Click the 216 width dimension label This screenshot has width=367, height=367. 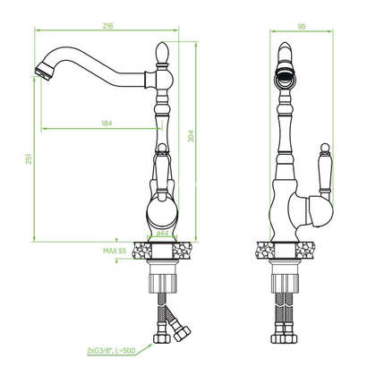tap(108, 26)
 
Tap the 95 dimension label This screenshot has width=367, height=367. tap(302, 27)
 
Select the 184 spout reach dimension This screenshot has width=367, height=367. tap(107, 124)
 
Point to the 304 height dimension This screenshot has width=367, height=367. tap(191, 136)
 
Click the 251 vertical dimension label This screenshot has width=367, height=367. tap(29, 159)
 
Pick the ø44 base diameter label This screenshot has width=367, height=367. tap(162, 234)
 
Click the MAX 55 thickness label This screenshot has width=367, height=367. tap(115, 251)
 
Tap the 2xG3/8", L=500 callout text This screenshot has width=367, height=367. tap(111, 351)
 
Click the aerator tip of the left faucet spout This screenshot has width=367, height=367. tap(44, 71)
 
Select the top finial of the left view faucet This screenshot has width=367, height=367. tap(163, 53)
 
